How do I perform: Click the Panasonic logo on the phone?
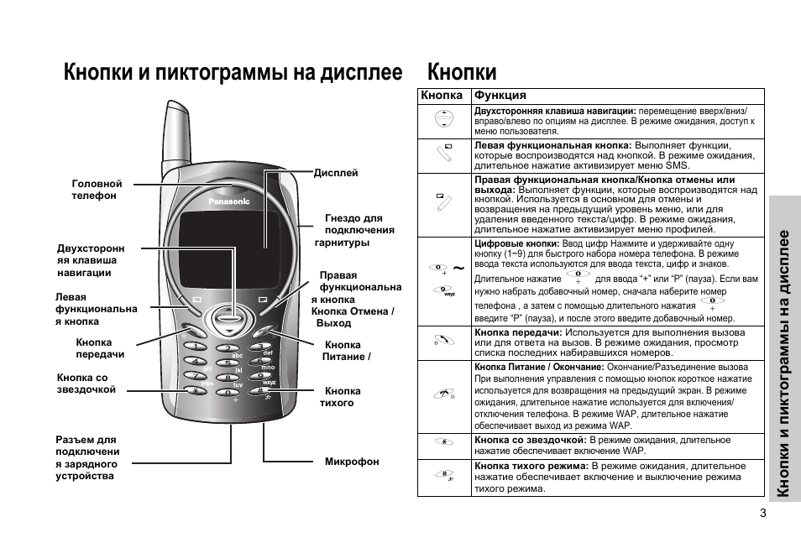point(229,201)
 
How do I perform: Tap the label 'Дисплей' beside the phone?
point(336,173)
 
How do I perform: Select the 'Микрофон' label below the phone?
point(352,462)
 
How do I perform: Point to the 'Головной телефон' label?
point(97,190)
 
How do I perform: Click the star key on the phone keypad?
point(196,391)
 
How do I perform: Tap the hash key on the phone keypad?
point(259,391)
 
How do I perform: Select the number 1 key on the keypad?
point(195,347)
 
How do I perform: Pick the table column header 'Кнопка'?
point(442,95)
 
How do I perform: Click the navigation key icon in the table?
point(444,118)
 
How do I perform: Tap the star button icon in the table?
point(444,441)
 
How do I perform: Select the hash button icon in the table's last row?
point(444,475)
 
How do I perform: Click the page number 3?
point(763,514)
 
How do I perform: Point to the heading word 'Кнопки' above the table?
point(462,71)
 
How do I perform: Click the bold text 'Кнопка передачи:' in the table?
point(519,332)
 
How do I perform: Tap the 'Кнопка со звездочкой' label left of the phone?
point(86,384)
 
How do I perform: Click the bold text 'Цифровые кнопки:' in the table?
point(517,243)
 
